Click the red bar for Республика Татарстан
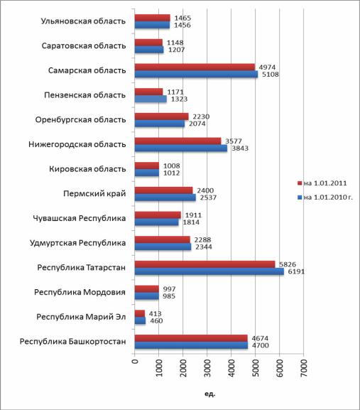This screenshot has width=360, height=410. click(x=204, y=264)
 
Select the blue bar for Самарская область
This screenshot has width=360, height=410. click(x=196, y=75)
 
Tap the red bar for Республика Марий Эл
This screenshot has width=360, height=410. click(x=140, y=313)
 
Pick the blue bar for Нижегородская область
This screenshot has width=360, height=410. click(x=181, y=149)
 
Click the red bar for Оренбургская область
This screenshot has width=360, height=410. click(x=162, y=117)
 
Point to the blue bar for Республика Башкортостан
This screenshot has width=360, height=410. click(x=191, y=345)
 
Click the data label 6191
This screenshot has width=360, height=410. click(x=296, y=271)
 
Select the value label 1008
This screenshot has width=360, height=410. click(x=172, y=166)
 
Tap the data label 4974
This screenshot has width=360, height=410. click(x=267, y=68)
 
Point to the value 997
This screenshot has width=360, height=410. click(x=169, y=289)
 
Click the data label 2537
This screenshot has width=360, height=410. click(x=208, y=198)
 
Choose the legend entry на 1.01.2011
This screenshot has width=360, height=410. click(x=322, y=183)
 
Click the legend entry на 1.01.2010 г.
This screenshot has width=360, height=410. click(x=325, y=197)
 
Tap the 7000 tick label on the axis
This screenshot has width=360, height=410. click(x=304, y=368)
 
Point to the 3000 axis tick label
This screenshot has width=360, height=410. click(x=207, y=368)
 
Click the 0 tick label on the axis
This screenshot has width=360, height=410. click(x=135, y=362)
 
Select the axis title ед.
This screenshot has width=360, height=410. click(x=209, y=394)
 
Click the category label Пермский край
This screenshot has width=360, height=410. click(x=94, y=194)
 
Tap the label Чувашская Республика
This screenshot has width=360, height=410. click(x=80, y=218)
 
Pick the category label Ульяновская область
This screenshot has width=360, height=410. click(x=83, y=21)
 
